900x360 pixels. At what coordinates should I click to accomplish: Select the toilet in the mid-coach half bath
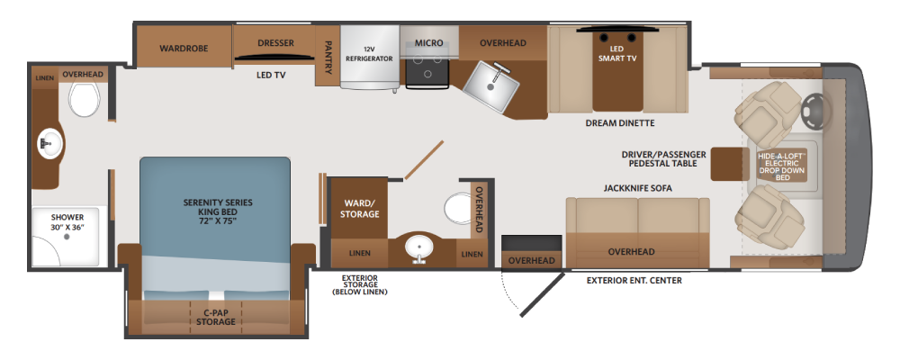point(460,209)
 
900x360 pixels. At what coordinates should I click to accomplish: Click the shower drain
point(67,236)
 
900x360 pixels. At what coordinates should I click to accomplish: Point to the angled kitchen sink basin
point(490,86)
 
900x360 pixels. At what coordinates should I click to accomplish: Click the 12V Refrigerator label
point(369,54)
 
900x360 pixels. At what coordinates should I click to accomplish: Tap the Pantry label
point(328,57)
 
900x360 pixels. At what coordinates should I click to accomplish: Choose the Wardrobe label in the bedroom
point(184,49)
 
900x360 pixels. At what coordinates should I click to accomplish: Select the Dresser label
point(275,43)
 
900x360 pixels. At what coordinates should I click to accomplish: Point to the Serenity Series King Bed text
point(218,212)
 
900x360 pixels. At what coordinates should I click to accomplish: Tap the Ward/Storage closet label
point(361,209)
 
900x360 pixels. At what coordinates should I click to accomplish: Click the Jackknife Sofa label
point(637,188)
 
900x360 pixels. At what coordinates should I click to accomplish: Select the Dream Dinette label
point(620,123)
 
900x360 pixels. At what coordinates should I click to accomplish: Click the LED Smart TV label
point(617,53)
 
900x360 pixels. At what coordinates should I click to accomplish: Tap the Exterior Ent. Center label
point(634,281)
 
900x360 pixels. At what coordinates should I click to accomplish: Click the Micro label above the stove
point(428,43)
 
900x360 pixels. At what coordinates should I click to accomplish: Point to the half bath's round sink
point(419,248)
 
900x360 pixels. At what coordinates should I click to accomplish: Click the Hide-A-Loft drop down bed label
point(782,166)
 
